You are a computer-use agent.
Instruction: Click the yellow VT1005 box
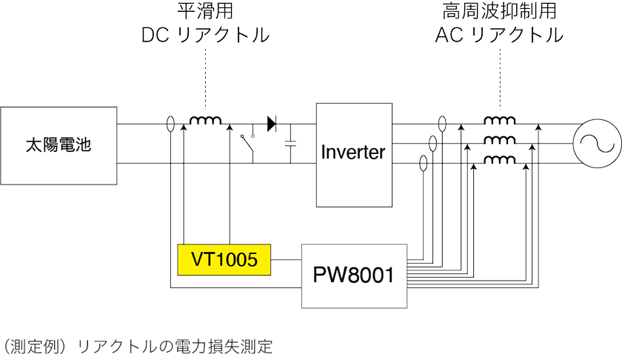pyautogui.click(x=224, y=260)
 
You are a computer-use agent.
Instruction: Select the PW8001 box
pyautogui.click(x=355, y=275)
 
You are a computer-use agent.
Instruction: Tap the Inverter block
pyautogui.click(x=353, y=153)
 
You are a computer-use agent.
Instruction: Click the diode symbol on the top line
pyautogui.click(x=272, y=124)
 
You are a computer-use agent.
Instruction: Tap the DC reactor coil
pyautogui.click(x=207, y=121)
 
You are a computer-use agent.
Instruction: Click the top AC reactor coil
pyautogui.click(x=500, y=121)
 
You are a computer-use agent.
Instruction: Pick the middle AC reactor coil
pyautogui.click(x=500, y=141)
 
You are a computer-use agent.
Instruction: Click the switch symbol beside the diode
pyautogui.click(x=248, y=145)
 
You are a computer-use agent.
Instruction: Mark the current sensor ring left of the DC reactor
pyautogui.click(x=171, y=124)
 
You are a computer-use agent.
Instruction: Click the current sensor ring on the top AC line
pyautogui.click(x=442, y=124)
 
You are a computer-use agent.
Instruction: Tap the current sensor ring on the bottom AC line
pyautogui.click(x=423, y=163)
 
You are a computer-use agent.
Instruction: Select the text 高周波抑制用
pyautogui.click(x=499, y=12)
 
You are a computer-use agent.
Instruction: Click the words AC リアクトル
pyautogui.click(x=499, y=36)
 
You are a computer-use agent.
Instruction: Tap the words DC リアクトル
pyautogui.click(x=205, y=36)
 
